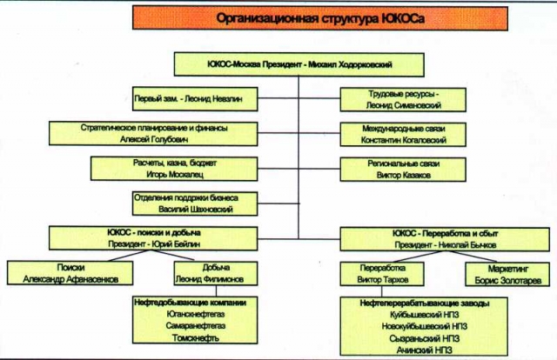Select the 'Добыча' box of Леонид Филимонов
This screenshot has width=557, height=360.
tap(209, 273)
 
